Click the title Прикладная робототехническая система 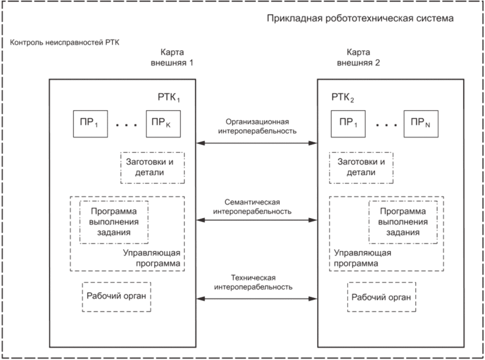coord(360,19)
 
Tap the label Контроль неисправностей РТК coord(65,42)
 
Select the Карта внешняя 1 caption coord(172,57)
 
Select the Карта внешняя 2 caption coord(358,57)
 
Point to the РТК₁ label coord(169,97)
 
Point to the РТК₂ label coord(343,97)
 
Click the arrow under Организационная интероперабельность coord(257,143)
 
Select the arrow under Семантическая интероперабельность coord(257,220)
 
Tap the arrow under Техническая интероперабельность coord(257,299)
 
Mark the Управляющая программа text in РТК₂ coord(362,258)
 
